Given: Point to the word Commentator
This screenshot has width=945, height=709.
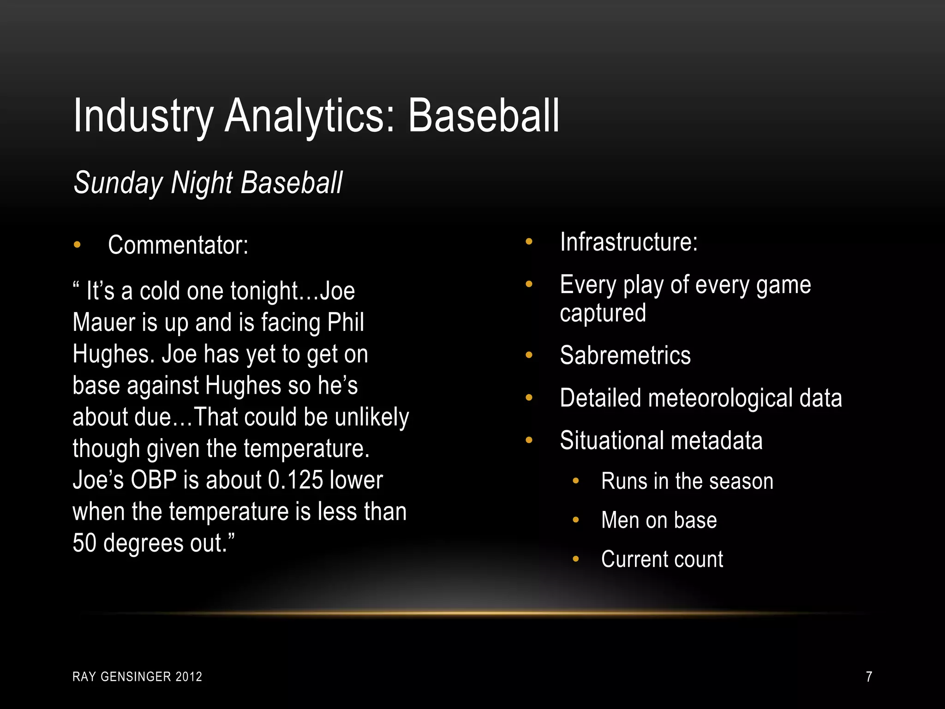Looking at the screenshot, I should click(178, 245).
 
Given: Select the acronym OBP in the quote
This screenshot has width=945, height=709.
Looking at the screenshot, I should click(154, 480).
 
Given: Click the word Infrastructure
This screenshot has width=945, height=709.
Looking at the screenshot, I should click(628, 241).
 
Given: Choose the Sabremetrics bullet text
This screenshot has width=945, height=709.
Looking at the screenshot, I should click(625, 355).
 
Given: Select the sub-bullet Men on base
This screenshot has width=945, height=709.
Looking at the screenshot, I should click(659, 520).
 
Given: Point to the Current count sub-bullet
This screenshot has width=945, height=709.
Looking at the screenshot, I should click(662, 559).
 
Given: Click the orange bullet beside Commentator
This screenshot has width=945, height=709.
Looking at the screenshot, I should click(77, 245).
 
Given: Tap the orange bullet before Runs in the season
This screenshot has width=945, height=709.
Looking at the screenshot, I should click(575, 481).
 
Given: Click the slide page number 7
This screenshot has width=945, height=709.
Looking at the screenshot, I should click(869, 677).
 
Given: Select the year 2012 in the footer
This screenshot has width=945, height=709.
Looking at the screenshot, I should click(189, 677).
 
